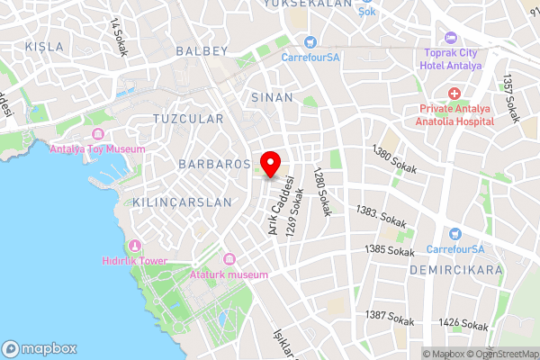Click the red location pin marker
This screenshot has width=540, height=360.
pos(269,166)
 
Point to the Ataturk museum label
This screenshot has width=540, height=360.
pos(229,274)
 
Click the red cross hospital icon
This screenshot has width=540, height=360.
pos(454,94)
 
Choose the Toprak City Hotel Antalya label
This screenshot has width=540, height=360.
pos(453,58)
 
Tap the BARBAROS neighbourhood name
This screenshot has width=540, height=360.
pos(212,165)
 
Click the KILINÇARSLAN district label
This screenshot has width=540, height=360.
pos(182,202)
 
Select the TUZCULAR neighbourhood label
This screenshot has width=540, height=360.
pos(188,119)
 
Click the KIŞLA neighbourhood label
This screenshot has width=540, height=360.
pos(45,45)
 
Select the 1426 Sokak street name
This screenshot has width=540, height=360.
pos(463,323)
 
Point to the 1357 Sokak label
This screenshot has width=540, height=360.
pos(512,98)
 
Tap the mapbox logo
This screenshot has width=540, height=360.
pos(40,348)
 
